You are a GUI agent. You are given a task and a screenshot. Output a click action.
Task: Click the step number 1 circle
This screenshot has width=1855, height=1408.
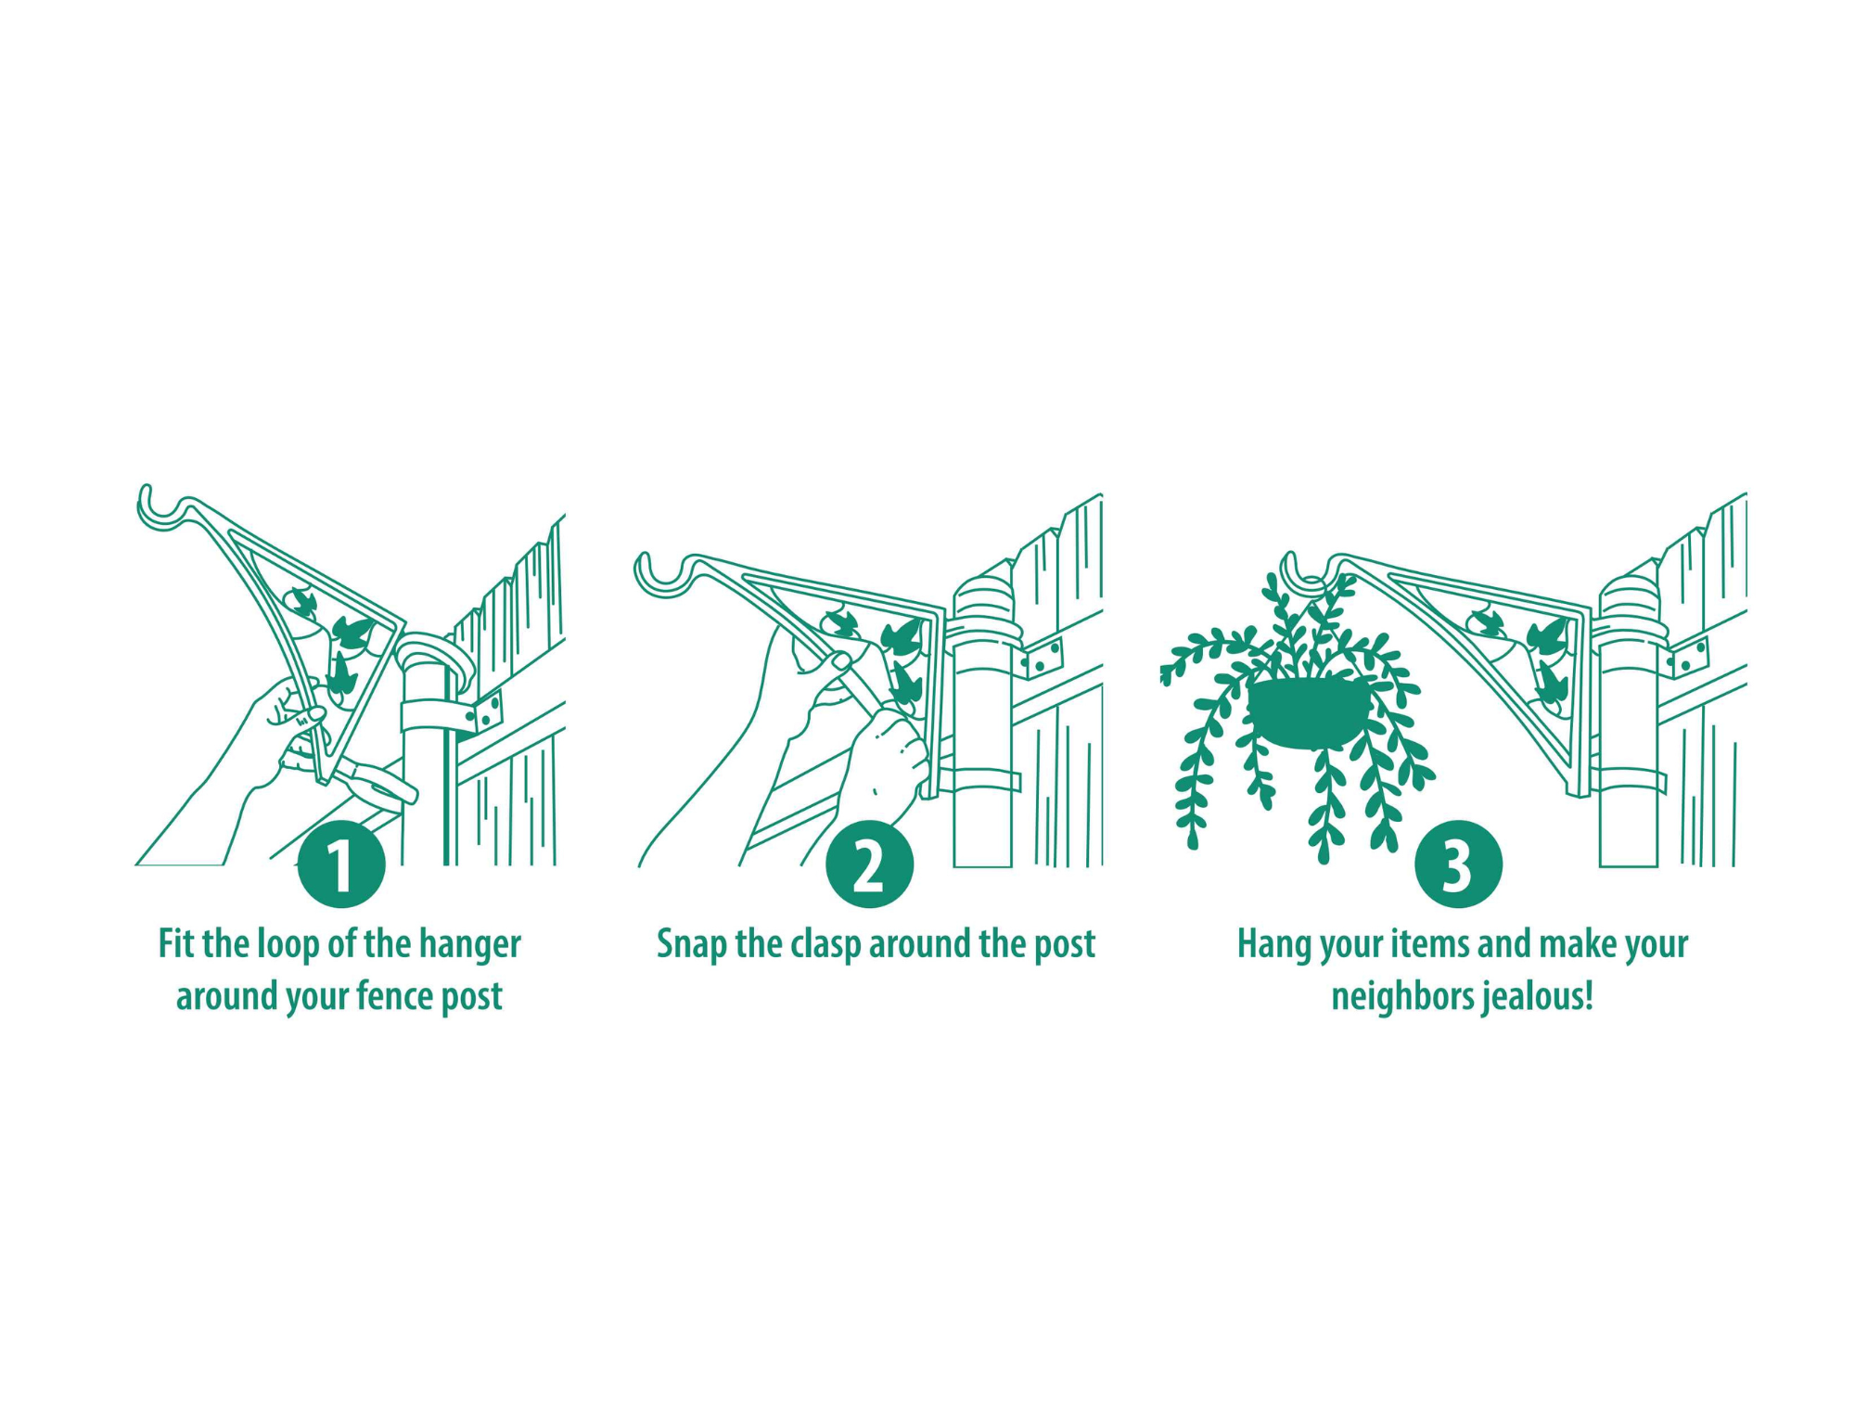(341, 864)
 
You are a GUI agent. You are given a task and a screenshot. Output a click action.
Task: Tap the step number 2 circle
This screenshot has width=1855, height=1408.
(869, 864)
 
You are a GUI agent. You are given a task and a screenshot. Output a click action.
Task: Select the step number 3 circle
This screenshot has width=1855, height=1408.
(1458, 864)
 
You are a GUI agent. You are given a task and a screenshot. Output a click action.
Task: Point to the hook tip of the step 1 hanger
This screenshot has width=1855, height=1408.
(145, 489)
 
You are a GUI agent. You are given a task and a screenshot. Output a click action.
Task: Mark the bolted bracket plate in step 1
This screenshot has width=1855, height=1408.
(486, 712)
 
